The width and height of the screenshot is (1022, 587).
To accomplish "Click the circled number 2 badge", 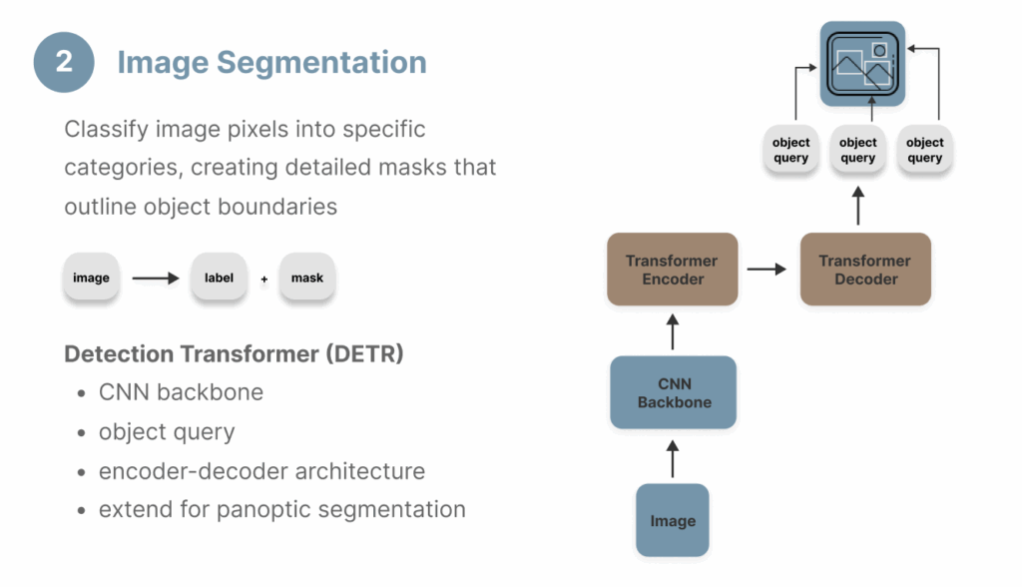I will click(x=64, y=62).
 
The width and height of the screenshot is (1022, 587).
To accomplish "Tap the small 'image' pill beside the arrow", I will click(x=91, y=278).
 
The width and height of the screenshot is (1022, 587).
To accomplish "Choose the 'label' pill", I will click(x=219, y=278).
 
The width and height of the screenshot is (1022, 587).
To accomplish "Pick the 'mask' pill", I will click(x=307, y=278).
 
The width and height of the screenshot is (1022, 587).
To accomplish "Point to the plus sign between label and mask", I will click(x=264, y=280).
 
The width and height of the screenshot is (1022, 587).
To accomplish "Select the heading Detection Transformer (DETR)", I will click(x=234, y=354).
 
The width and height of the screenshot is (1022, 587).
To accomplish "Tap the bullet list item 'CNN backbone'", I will click(x=181, y=392).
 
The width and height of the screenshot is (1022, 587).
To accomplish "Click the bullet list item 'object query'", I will click(x=167, y=431).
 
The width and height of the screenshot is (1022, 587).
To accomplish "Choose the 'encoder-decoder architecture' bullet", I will click(x=261, y=470).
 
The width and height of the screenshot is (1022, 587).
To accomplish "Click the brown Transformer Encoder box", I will click(x=672, y=270).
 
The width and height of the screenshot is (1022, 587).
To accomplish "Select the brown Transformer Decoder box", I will click(x=864, y=270).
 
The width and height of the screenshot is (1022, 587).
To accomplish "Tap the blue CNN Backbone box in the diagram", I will click(x=674, y=392).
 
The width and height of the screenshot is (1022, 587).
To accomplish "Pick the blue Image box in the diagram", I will click(x=673, y=520).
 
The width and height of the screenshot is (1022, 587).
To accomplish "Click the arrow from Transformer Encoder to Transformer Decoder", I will click(x=767, y=270).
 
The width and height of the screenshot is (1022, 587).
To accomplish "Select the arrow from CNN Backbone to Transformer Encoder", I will click(x=673, y=331).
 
